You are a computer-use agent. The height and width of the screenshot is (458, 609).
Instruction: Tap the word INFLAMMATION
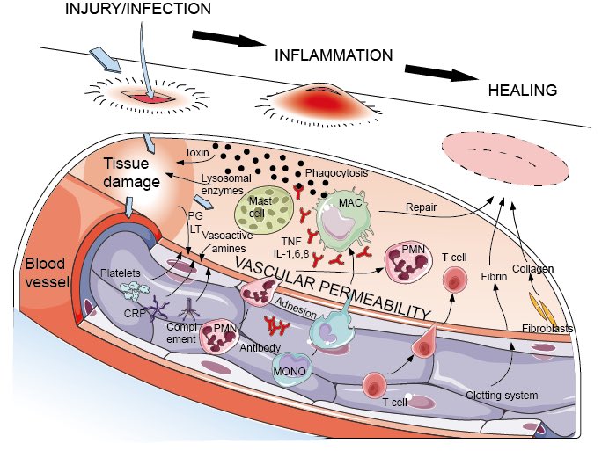point(334,55)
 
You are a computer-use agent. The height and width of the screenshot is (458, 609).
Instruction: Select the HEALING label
point(524,91)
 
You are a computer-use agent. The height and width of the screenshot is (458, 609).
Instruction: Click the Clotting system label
point(502,395)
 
